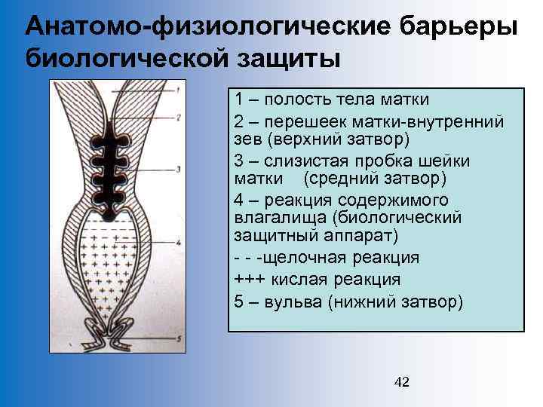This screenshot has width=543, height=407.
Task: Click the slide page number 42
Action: tap(402, 382)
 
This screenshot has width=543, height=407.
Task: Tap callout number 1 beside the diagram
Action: tap(179, 90)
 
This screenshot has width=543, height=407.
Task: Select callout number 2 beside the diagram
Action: tap(179, 118)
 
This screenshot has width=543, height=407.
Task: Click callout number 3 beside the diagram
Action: tap(179, 170)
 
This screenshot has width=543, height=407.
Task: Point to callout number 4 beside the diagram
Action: tap(179, 243)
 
